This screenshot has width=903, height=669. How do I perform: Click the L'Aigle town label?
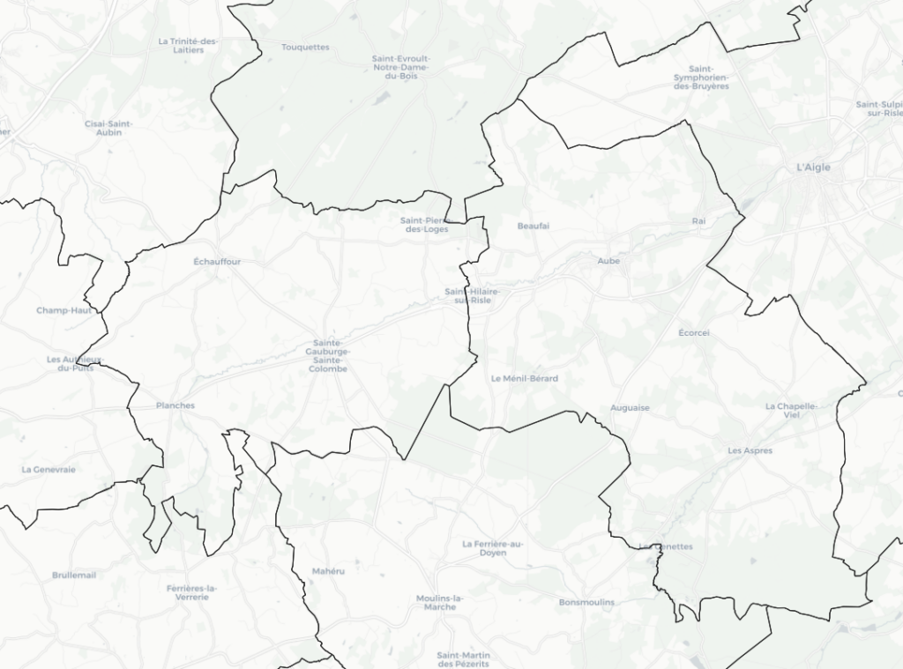[813, 167]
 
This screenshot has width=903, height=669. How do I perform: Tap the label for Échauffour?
[217, 262]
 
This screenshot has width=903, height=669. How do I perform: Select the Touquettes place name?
[305, 48]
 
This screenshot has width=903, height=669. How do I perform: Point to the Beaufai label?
[534, 227]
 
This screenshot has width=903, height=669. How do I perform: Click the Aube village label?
[608, 261]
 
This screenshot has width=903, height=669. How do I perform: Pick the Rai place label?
[699, 220]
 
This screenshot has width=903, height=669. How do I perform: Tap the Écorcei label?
[694, 333]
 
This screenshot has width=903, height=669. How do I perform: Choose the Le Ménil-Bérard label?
[524, 379]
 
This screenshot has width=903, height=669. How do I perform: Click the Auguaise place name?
[630, 408]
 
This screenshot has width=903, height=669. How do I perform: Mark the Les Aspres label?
[750, 450]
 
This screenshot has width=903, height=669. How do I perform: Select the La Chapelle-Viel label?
[792, 411]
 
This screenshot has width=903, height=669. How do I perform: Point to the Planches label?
[175, 406]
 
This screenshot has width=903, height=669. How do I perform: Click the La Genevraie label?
[49, 470]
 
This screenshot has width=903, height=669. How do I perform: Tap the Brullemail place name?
[74, 575]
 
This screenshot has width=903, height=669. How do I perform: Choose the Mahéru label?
[328, 572]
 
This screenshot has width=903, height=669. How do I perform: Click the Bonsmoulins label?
[586, 603]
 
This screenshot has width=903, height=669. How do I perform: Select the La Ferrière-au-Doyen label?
[493, 548]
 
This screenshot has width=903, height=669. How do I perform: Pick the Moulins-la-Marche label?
[439, 603]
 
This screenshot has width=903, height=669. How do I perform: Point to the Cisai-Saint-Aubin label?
[108, 128]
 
